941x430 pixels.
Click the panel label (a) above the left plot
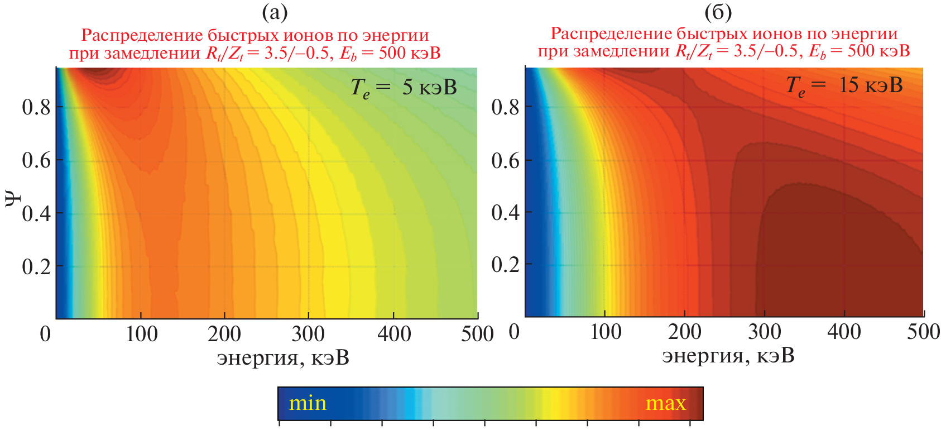tap(275, 12)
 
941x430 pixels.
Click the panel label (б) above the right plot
tap(718, 12)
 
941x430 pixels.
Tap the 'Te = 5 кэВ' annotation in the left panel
tap(403, 88)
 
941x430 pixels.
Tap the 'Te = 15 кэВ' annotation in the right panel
tap(844, 85)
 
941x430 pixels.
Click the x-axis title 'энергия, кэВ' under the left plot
tap(283, 358)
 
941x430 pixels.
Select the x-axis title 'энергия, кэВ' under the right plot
tap(728, 356)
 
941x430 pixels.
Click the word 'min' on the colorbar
tap(308, 403)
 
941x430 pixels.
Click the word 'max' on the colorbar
tap(665, 403)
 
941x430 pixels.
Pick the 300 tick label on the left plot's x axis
tap(308, 334)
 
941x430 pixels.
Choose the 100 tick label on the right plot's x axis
tap(606, 332)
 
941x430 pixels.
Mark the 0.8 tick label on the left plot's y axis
tap(36, 107)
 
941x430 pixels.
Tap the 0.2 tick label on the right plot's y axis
tap(505, 264)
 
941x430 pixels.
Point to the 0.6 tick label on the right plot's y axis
tap(505, 160)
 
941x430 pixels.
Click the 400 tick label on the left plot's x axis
tap(393, 334)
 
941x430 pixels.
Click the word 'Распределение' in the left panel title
tap(141, 35)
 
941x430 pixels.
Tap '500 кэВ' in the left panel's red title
tap(410, 53)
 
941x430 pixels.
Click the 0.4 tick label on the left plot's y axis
tap(36, 213)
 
